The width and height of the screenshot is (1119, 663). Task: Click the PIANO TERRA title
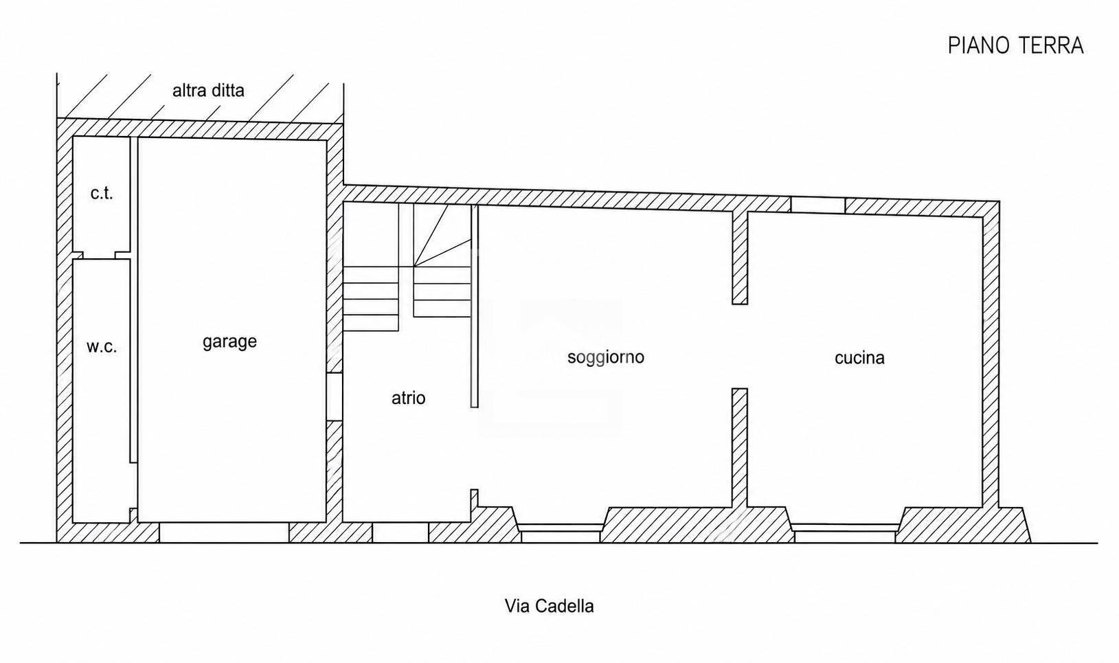coord(1015,45)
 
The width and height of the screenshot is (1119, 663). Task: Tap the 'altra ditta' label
coord(208,91)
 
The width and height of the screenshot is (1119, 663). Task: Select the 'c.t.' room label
coord(102,193)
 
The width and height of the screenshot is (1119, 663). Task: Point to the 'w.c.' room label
coord(102,347)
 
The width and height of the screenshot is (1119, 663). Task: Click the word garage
coord(230,342)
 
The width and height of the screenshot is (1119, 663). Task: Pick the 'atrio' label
coord(409,398)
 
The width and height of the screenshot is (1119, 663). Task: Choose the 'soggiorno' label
coord(605,358)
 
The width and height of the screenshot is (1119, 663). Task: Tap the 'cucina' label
coord(859,358)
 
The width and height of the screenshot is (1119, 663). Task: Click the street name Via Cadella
coord(549,606)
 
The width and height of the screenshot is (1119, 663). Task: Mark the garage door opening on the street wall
coord(225,532)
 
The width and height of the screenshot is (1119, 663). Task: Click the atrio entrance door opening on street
coord(400,532)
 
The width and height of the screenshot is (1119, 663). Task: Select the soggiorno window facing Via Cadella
coord(561,533)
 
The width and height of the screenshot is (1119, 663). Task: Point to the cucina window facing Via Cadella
coord(845,533)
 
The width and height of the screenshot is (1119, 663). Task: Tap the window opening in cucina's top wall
coord(817,205)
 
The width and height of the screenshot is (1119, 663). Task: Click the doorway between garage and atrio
coord(335,396)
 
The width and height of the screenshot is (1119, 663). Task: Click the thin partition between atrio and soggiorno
coord(475,306)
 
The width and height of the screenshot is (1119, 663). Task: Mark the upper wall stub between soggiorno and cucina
coord(740,258)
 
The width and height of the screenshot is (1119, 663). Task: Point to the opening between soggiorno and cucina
coord(740,346)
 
